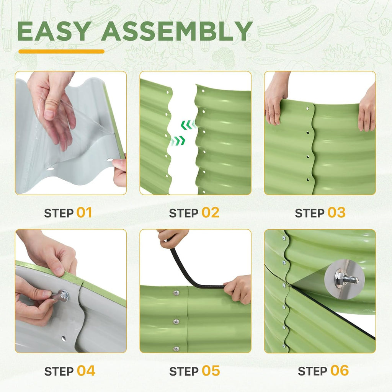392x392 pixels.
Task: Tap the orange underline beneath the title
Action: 62,52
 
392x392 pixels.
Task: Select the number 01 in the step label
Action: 84,213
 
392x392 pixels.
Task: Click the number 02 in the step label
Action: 211,213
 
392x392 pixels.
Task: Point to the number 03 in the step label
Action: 336,213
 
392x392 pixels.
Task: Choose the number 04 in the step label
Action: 86,371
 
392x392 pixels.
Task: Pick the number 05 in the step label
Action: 211,371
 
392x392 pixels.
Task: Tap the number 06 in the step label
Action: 340,371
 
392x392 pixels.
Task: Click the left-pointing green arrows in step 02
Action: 188,124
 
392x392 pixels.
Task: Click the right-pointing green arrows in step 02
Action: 178,141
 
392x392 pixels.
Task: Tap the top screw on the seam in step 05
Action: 177,292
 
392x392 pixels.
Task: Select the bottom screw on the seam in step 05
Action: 176,348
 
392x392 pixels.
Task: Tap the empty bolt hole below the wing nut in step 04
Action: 64,339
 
